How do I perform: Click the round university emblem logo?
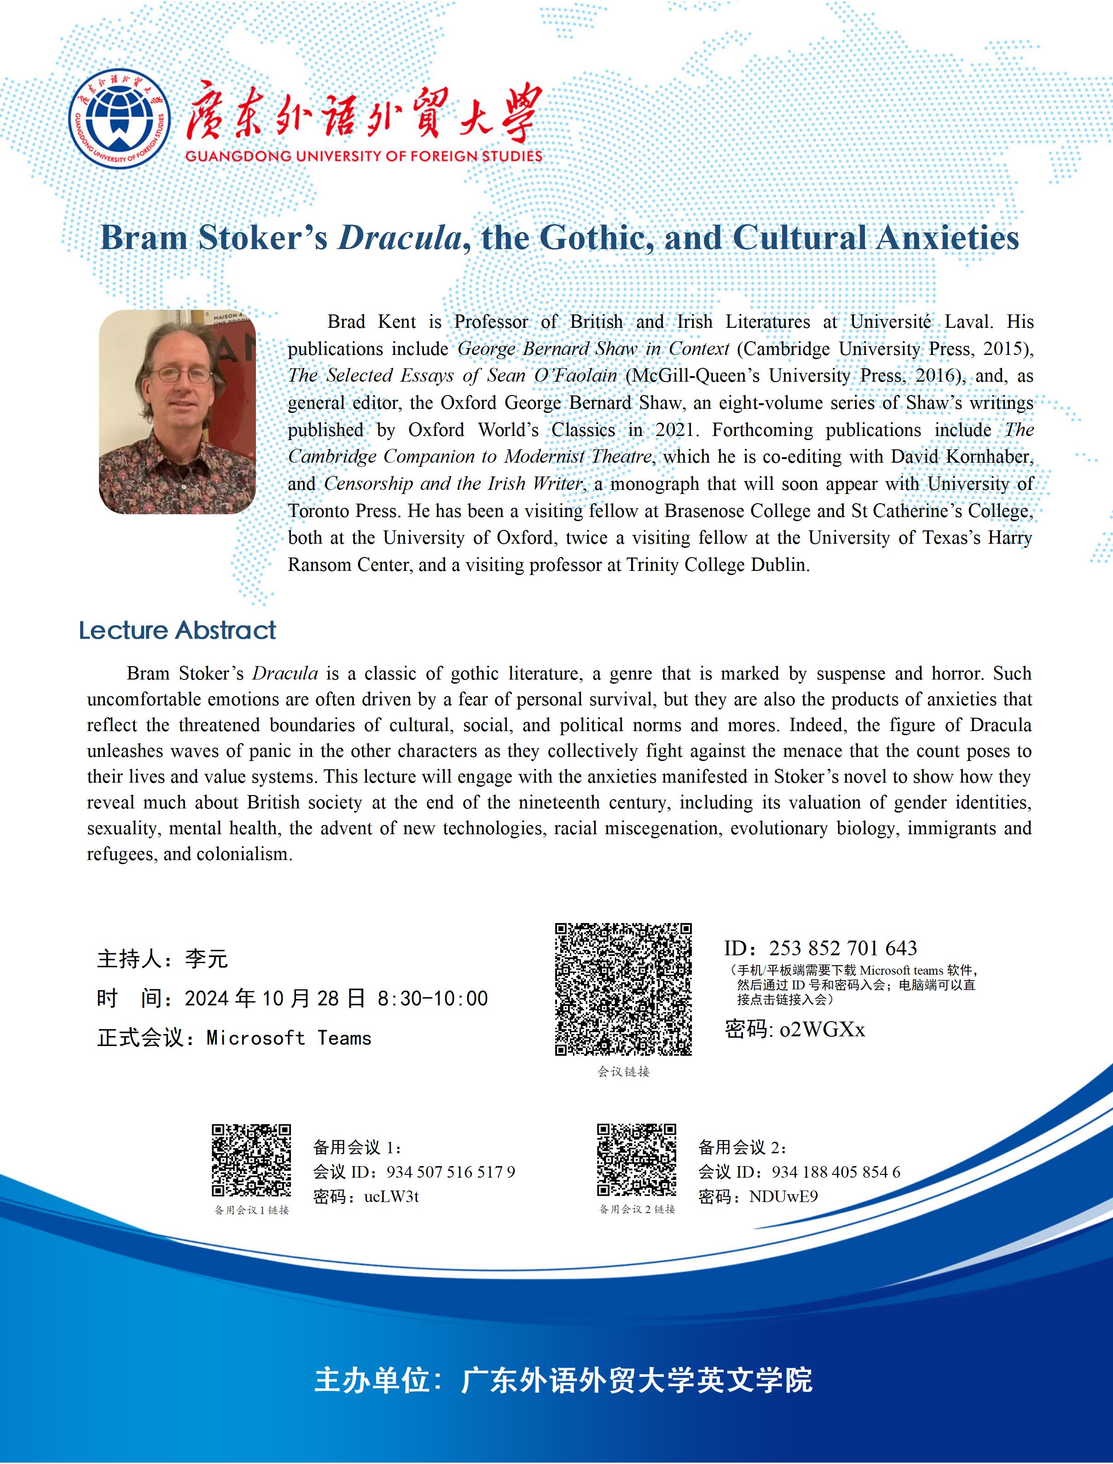point(119,119)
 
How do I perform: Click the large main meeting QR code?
point(623,988)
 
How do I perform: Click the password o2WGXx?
point(822,1029)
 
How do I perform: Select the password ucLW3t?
point(392,1197)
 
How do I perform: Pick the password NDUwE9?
point(783,1197)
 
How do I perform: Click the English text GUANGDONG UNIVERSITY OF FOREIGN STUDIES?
point(364,157)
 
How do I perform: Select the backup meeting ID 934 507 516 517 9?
point(451,1172)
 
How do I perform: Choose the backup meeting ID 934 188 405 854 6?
point(835,1172)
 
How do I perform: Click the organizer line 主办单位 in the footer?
point(563,1380)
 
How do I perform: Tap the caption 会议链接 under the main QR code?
point(623,1072)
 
